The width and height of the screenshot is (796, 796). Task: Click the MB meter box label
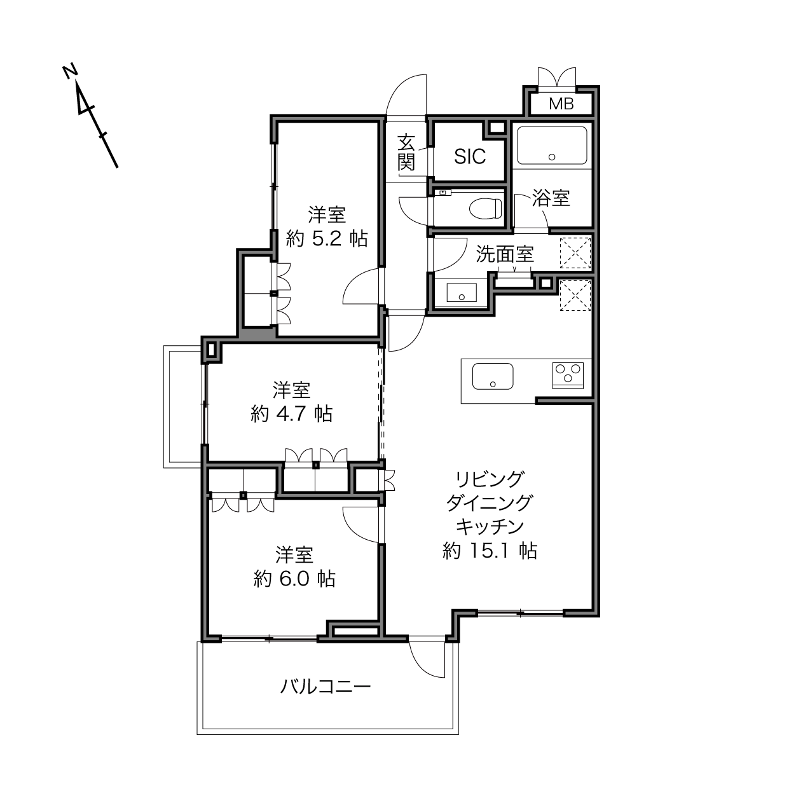[561, 104]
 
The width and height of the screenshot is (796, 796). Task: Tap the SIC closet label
[470, 156]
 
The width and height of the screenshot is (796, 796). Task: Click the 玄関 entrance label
[406, 153]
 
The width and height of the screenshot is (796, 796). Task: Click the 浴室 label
[551, 198]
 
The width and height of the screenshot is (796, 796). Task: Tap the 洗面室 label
[505, 254]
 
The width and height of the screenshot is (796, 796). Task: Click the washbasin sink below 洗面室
[462, 292]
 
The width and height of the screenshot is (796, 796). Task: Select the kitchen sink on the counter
[493, 376]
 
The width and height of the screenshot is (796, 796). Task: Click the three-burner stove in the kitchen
[568, 375]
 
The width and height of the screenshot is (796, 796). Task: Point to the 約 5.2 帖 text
[327, 239]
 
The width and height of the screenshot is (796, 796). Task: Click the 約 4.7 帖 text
[292, 413]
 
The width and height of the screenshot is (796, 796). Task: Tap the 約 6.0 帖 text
[294, 579]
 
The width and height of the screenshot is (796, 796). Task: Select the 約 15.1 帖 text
[490, 551]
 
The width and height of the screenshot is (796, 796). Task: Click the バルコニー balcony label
[326, 687]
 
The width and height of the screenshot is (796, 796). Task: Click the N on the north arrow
[70, 71]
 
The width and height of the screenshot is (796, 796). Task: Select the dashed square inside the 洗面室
[575, 253]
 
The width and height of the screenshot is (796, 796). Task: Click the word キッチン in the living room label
[490, 526]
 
